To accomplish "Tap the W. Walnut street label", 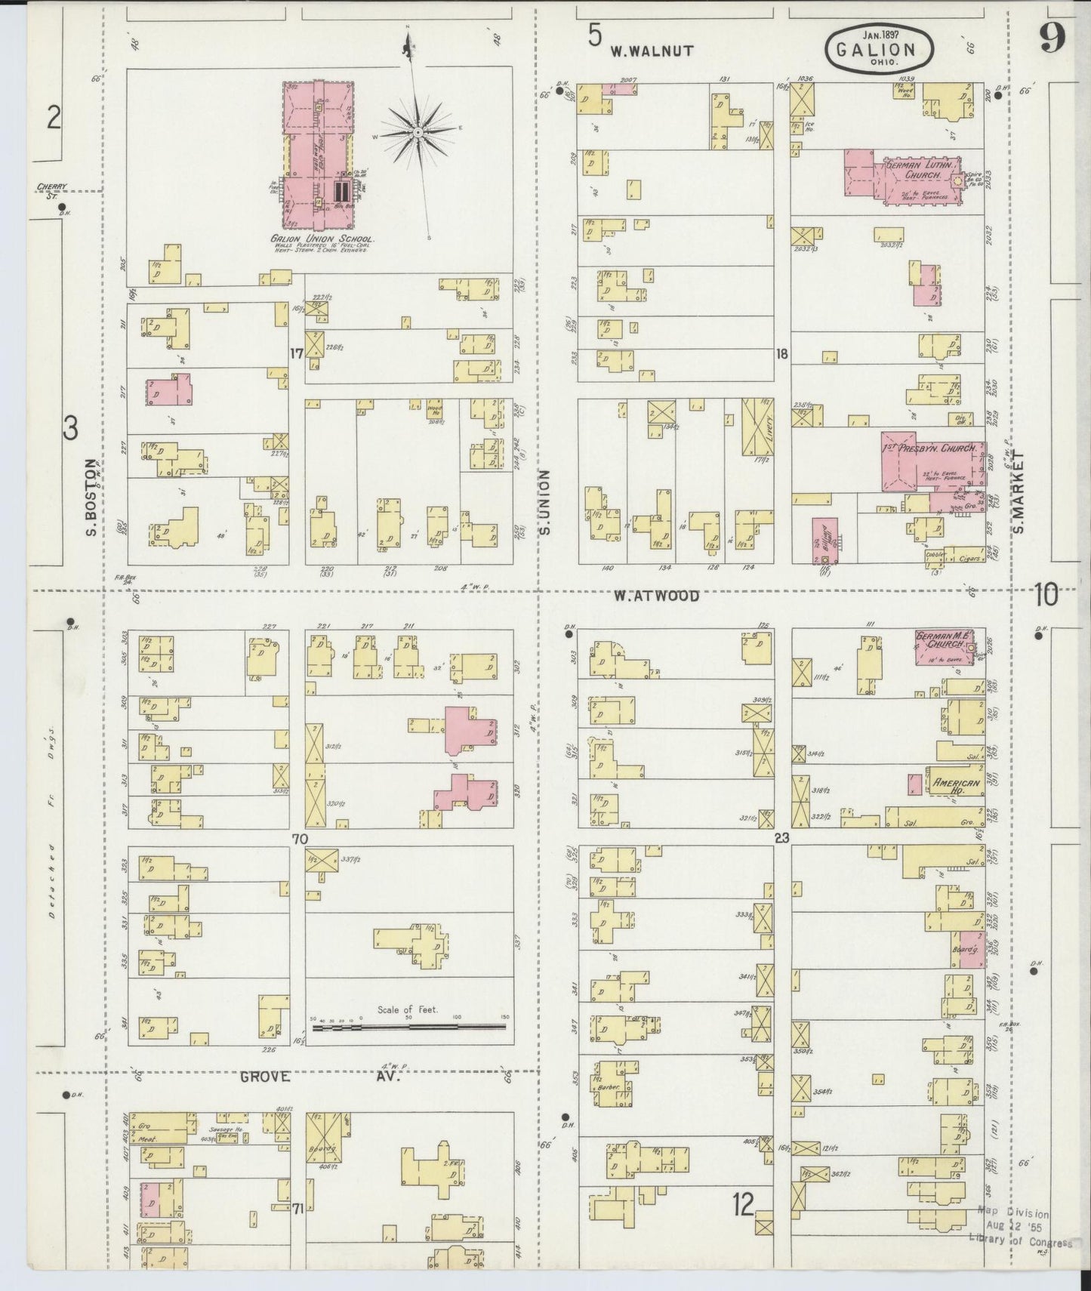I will click(x=652, y=51).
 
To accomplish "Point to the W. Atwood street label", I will click(x=656, y=596).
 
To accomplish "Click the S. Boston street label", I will click(x=91, y=498).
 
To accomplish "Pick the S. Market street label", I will click(x=1019, y=491).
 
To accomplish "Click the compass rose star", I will click(x=417, y=132).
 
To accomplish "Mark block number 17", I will click(x=297, y=353).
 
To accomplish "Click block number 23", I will click(x=781, y=837).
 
